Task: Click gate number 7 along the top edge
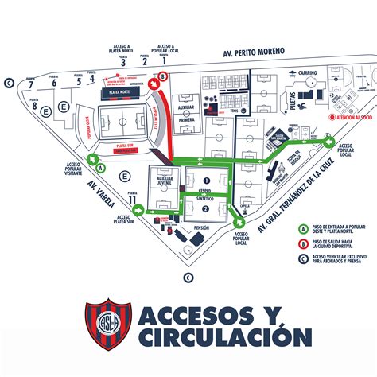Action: click(30, 84)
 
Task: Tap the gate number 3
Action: click(122, 63)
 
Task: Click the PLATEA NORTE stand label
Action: click(119, 92)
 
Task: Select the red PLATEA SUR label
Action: click(123, 146)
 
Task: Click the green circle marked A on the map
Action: click(99, 168)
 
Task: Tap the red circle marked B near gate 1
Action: click(164, 77)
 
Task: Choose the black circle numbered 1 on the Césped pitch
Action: click(204, 181)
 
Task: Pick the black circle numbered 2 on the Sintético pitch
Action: click(204, 208)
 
